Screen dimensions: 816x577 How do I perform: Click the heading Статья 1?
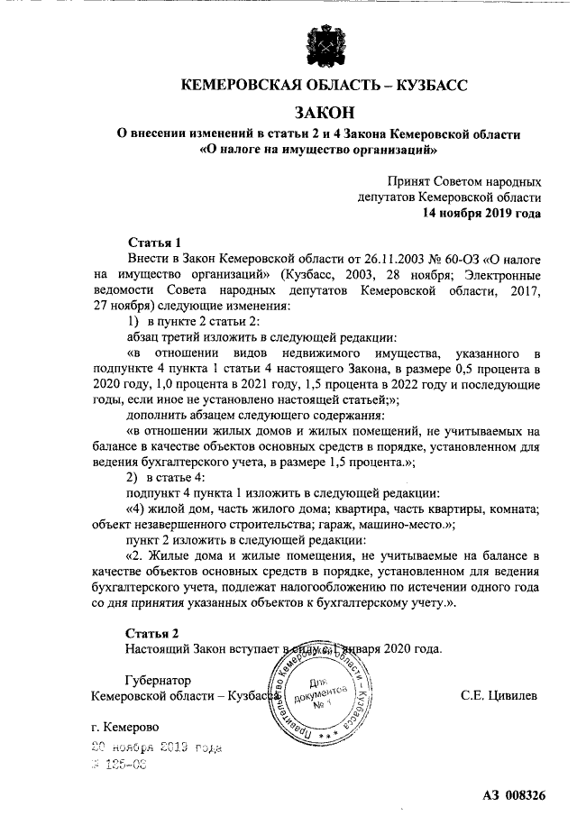click(154, 243)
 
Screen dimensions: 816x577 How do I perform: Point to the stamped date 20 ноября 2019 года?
click(154, 748)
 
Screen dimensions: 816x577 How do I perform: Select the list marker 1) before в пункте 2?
click(133, 322)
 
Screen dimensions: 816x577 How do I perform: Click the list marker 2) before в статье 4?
click(133, 476)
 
